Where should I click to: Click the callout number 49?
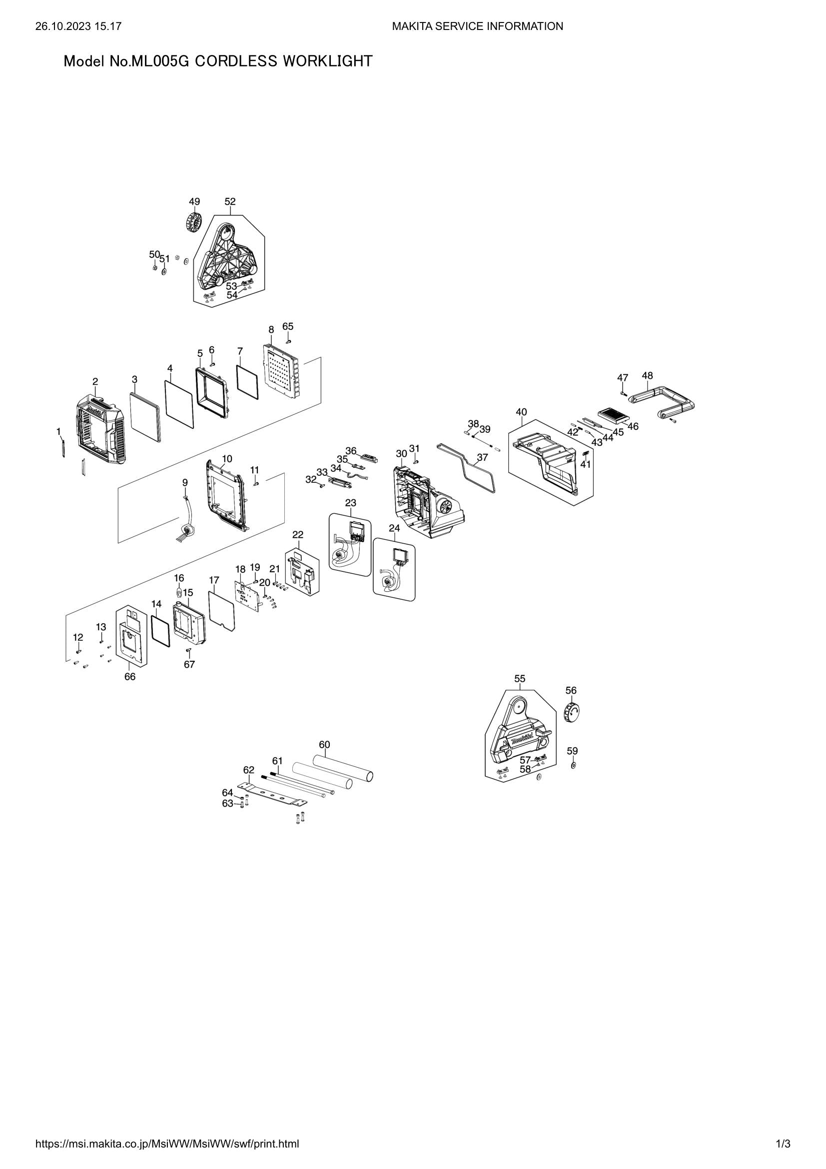(194, 201)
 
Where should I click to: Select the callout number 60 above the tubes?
(324, 744)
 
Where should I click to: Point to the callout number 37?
(483, 457)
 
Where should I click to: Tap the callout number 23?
(351, 503)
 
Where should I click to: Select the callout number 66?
(130, 677)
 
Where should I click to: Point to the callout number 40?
(521, 412)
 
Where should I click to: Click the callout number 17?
(214, 580)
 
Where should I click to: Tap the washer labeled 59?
(574, 765)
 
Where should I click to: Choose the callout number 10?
(227, 459)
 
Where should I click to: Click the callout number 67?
(189, 664)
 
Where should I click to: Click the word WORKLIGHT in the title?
(327, 61)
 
